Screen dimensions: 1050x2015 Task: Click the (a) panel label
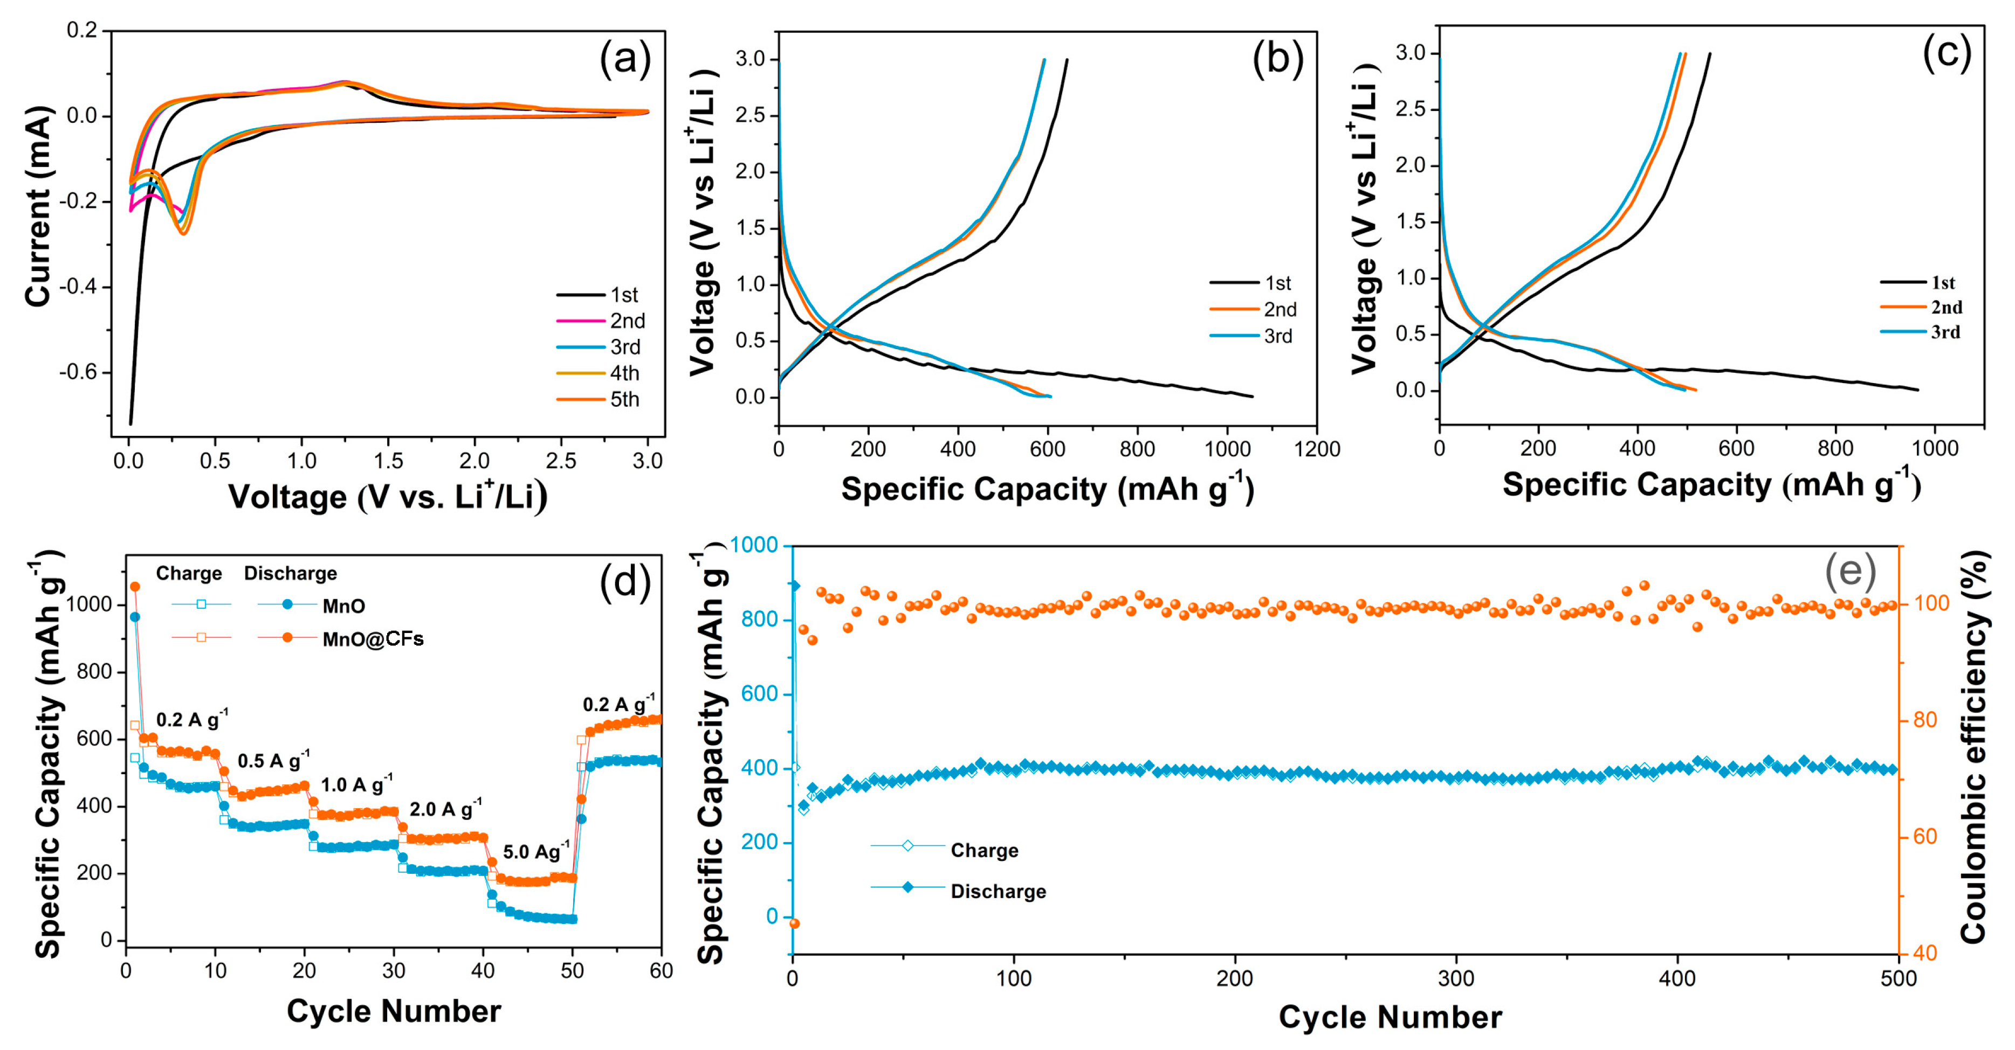click(x=624, y=59)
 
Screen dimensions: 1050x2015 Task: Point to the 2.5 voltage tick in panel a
click(x=561, y=461)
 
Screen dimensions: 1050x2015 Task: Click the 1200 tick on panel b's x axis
click(x=1317, y=449)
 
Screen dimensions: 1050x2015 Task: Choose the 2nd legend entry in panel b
click(x=1280, y=310)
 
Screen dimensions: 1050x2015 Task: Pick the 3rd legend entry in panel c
click(x=1945, y=332)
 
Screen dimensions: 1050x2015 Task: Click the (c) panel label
click(x=1946, y=52)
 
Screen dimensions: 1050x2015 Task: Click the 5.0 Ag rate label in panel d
click(x=536, y=851)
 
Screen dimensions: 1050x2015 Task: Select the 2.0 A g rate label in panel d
click(x=445, y=809)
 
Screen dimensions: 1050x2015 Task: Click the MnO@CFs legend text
click(x=373, y=639)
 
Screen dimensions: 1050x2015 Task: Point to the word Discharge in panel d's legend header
click(x=290, y=573)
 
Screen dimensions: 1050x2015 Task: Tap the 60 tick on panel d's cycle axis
click(x=661, y=971)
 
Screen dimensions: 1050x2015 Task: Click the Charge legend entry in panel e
click(x=984, y=851)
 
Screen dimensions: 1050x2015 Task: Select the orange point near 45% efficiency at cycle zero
click(x=794, y=923)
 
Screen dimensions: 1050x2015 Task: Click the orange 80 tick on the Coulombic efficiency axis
click(x=1924, y=720)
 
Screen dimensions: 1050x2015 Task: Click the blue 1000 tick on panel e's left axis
click(x=755, y=545)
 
